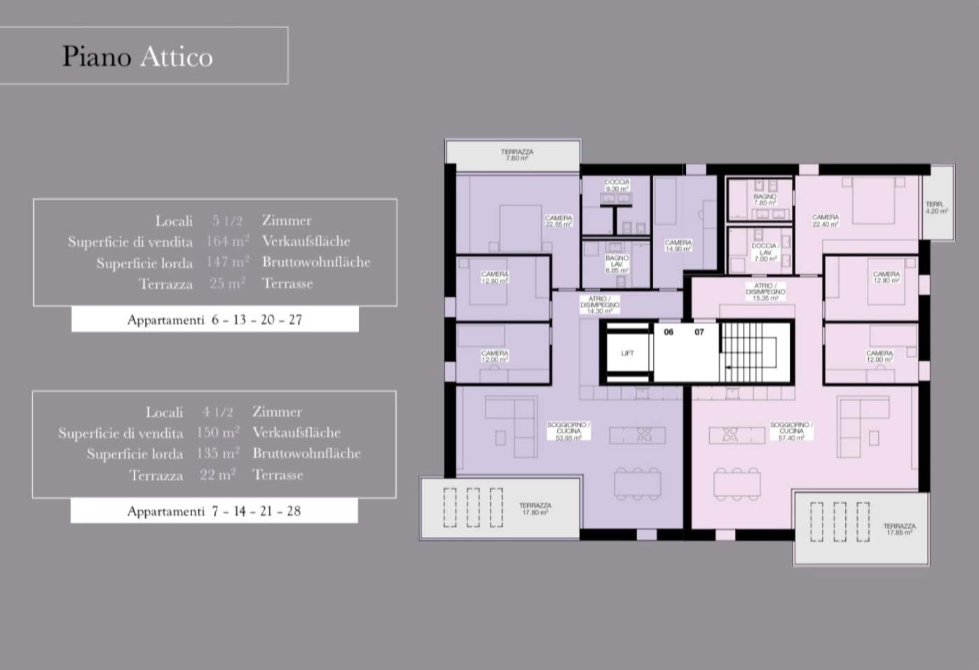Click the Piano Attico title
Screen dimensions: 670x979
tap(137, 56)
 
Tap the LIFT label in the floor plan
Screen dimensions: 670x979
tap(627, 353)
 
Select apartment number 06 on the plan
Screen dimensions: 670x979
tap(669, 332)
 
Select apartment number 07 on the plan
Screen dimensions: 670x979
tap(699, 332)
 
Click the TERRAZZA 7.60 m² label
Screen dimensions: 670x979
tap(517, 155)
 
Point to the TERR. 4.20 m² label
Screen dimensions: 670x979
tap(936, 207)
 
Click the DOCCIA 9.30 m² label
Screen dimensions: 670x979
tap(617, 185)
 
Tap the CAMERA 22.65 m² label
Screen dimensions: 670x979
tap(559, 221)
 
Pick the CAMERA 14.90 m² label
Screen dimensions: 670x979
tap(678, 245)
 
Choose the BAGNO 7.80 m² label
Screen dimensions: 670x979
tap(765, 200)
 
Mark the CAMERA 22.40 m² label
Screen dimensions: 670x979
tap(826, 221)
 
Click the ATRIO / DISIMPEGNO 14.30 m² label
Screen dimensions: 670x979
tap(600, 305)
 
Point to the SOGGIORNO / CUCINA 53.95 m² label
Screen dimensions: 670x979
tap(568, 431)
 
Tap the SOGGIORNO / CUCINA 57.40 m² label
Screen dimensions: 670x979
tap(791, 431)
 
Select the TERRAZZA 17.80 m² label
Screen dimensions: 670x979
tap(535, 508)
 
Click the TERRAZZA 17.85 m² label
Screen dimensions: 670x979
tap(899, 529)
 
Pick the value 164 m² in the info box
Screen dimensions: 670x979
tap(227, 241)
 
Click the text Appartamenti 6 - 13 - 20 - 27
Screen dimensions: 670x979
tap(214, 320)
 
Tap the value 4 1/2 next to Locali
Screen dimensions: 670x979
tap(218, 412)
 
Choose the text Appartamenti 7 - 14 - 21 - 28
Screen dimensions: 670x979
tap(214, 511)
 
